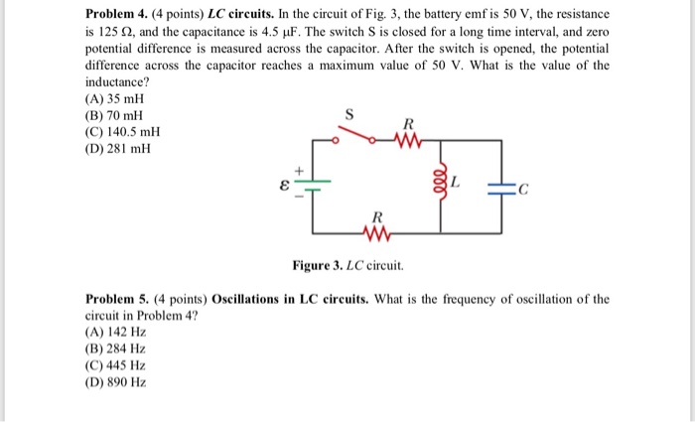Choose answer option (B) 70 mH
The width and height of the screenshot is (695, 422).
click(116, 115)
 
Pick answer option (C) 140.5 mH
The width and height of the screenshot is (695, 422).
click(123, 132)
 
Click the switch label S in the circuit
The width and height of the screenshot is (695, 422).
click(347, 117)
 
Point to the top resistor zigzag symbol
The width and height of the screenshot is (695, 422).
click(407, 140)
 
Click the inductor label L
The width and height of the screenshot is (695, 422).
click(456, 183)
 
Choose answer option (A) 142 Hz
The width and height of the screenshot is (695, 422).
click(116, 332)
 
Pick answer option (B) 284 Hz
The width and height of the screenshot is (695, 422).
click(116, 349)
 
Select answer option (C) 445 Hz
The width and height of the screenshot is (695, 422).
click(116, 365)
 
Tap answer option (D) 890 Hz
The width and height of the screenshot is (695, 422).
click(116, 382)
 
